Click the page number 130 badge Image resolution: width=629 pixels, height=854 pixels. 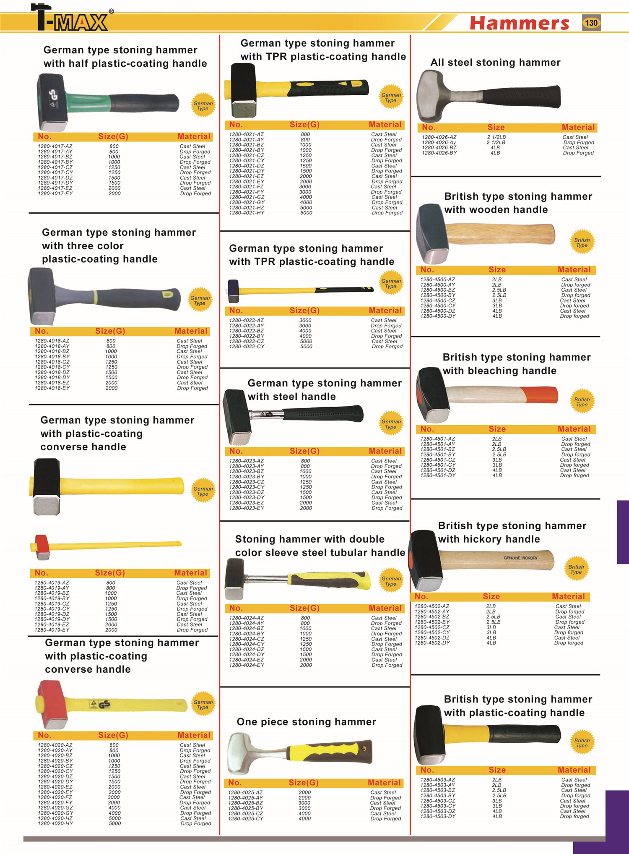[x=591, y=23]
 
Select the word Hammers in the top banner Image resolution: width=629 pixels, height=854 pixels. [x=519, y=23]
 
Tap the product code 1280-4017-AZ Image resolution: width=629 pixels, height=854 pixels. [x=55, y=146]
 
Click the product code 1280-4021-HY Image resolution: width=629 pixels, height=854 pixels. [x=247, y=213]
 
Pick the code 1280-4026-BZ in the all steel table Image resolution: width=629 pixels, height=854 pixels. [x=439, y=148]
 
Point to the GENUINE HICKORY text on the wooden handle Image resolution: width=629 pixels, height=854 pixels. [x=520, y=558]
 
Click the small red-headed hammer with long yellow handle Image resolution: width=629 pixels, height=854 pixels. [x=42, y=547]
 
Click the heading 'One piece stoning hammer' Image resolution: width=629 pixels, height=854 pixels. [x=306, y=722]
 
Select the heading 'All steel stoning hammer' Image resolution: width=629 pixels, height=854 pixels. [x=495, y=63]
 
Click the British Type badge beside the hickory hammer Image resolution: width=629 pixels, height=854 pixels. [x=576, y=569]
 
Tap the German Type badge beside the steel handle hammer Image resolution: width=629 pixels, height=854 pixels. [x=391, y=424]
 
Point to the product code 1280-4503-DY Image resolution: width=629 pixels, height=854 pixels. [x=438, y=816]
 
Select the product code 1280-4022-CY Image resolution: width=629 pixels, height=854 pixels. [x=247, y=347]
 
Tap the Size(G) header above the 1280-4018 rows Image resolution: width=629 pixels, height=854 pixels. [x=110, y=331]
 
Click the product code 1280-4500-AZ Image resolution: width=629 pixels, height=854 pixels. [x=437, y=279]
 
